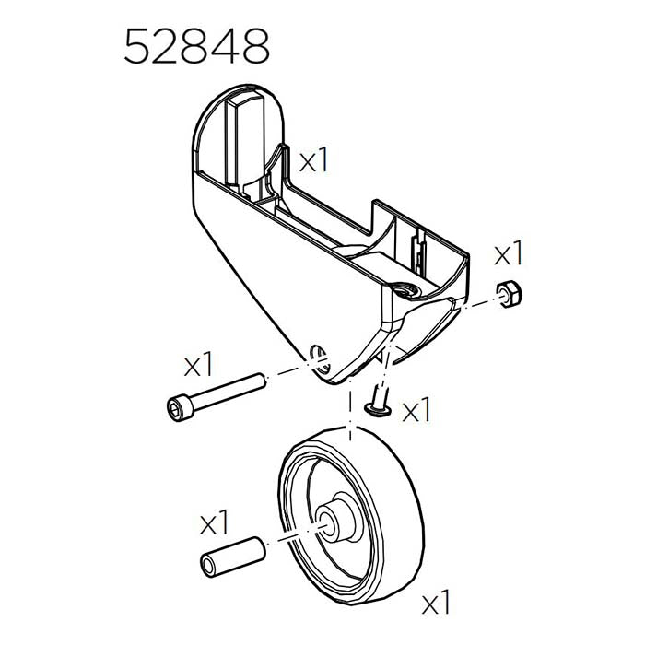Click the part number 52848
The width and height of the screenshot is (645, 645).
pos(196,45)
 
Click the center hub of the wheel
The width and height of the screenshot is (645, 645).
pos(332,520)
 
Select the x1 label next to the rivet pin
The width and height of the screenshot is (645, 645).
pos(416,410)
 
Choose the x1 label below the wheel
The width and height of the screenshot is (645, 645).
pos(436,604)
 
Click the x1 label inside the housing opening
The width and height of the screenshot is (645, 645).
pos(313,161)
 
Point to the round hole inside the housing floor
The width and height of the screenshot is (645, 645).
pos(406,291)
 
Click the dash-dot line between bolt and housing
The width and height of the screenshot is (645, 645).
pos(286,370)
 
